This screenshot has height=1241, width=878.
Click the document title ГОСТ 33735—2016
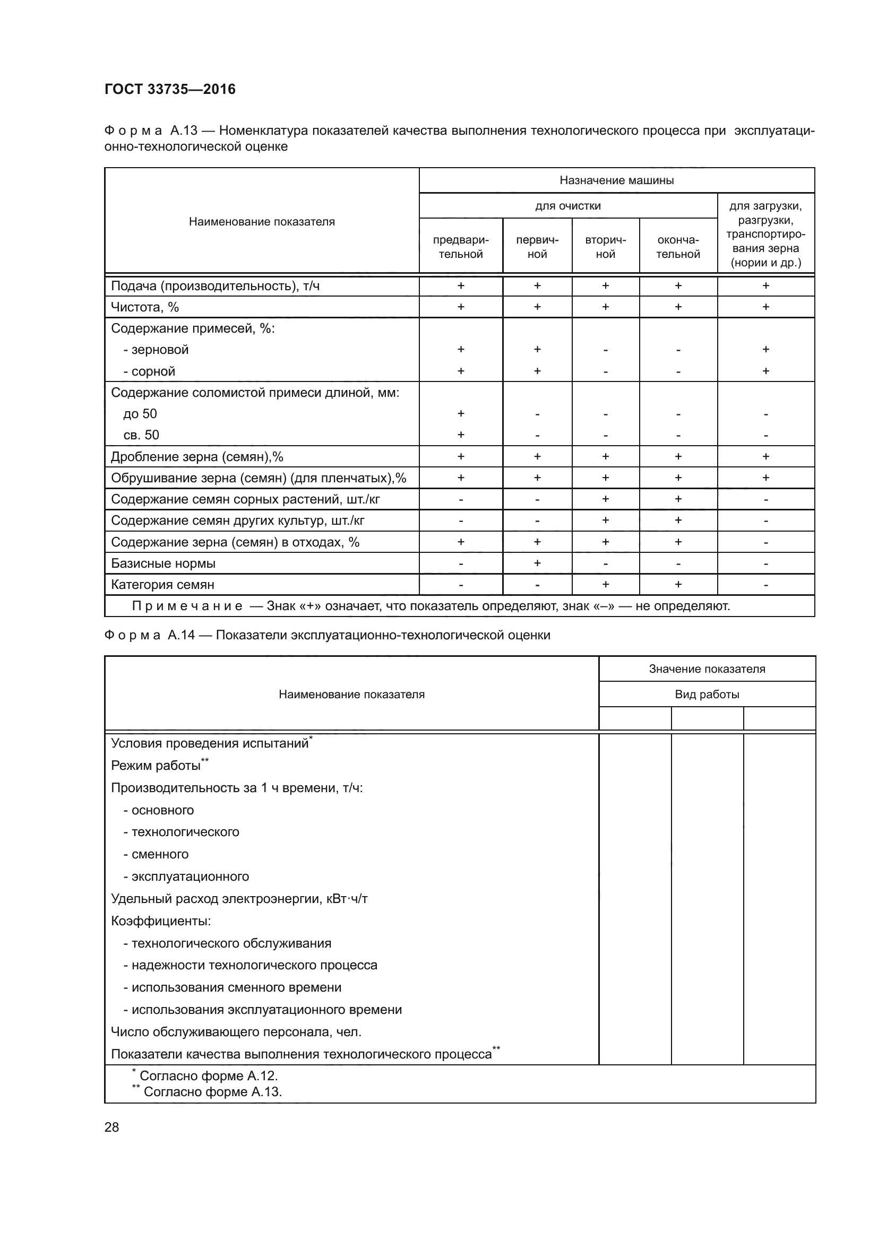click(170, 89)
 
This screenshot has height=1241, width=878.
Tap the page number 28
click(111, 1126)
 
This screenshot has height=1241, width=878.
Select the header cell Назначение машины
click(616, 180)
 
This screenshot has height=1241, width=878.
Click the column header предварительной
click(461, 247)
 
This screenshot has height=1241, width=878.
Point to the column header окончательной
click(678, 247)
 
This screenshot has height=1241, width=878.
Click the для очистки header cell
click(567, 206)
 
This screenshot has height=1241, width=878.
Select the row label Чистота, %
click(144, 307)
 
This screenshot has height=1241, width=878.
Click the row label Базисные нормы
click(163, 563)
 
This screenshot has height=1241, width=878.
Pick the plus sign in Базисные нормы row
click(537, 563)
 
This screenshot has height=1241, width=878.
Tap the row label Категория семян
click(162, 584)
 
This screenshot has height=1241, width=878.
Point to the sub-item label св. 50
click(141, 435)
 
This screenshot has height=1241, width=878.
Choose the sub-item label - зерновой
click(156, 350)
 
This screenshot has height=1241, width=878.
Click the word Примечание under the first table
click(187, 606)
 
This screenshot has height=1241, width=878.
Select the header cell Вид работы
click(707, 695)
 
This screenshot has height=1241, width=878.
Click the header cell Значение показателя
click(707, 669)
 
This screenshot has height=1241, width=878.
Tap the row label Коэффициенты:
click(160, 921)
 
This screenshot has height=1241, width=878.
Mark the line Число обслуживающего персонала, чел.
click(236, 1032)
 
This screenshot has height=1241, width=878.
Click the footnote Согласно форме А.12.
click(208, 1075)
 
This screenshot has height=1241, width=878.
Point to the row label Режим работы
click(156, 766)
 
